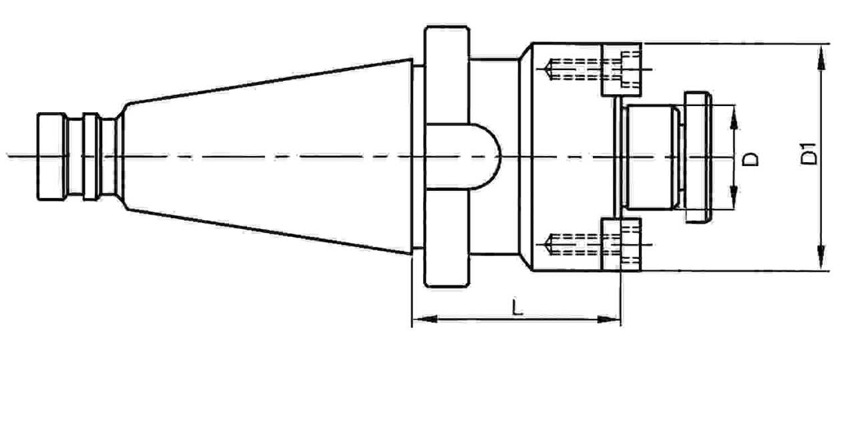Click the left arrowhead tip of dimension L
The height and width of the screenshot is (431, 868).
point(413,319)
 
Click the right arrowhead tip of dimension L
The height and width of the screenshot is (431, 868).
point(621,320)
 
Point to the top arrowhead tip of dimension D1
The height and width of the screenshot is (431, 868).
point(821,44)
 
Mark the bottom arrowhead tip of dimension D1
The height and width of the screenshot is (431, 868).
point(821,270)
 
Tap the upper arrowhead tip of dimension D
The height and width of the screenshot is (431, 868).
point(734,105)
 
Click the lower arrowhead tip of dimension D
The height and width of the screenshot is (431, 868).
point(734,209)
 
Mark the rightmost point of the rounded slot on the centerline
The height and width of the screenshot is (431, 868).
point(501,157)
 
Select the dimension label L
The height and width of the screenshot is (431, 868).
point(517,307)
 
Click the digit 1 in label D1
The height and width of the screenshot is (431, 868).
point(809,148)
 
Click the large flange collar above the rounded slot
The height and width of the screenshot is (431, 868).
point(447,75)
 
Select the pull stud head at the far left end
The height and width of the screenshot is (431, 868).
point(51,157)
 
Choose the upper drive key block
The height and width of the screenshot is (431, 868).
point(621,69)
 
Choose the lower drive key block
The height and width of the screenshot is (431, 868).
point(621,244)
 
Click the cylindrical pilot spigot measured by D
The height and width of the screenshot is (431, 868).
point(651,157)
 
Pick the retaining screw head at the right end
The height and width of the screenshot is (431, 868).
point(698,157)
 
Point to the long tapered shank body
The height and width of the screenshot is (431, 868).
point(267,157)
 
